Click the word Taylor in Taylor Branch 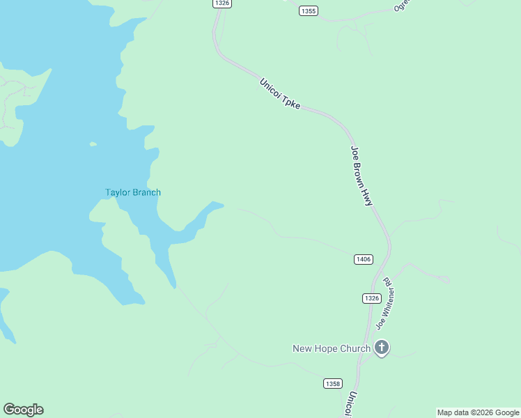(118, 193)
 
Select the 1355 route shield (309, 10)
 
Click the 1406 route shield (363, 259)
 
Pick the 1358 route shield (333, 384)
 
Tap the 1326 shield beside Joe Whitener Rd (371, 298)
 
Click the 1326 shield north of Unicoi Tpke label (222, 3)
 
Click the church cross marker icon (381, 348)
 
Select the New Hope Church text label (331, 348)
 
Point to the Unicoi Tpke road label (280, 93)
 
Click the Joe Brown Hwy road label (362, 176)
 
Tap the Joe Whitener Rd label (385, 303)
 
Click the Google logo (23, 410)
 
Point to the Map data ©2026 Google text (478, 412)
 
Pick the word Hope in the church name (328, 348)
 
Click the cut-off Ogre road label (402, 6)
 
